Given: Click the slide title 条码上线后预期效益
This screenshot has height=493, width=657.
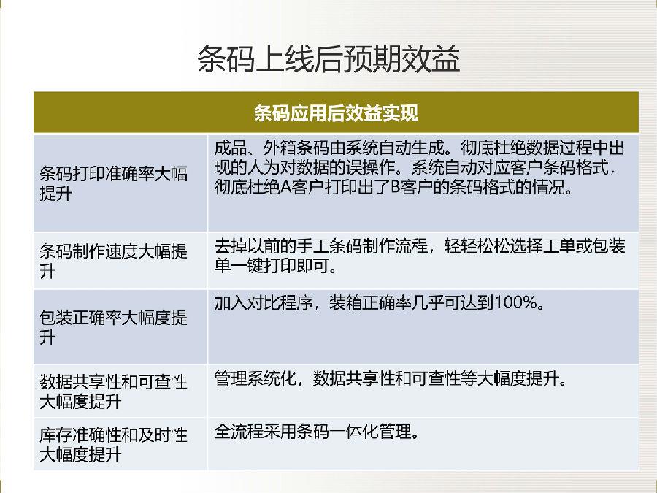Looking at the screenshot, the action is pos(329,58).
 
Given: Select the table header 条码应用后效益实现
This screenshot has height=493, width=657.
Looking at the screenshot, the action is pos(336,113).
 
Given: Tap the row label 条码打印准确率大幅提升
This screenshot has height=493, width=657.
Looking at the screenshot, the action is pos(114,183).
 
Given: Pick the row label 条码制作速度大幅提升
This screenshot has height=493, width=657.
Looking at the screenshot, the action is pos(114,261).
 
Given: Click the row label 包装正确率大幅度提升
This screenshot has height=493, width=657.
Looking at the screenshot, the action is pos(114,327).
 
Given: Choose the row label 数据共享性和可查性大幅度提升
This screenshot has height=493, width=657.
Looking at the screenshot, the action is pos(114,391).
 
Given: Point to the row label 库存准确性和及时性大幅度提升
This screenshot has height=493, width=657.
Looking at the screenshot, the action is pos(114,444).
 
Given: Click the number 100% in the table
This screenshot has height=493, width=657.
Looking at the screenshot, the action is pos(516,302).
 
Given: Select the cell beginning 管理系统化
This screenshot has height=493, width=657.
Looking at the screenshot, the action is pos(391,378).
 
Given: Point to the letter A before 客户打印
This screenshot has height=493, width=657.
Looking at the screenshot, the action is pos(285,187).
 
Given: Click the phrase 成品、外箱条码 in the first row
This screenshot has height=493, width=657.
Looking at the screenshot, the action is pos(272,148).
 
